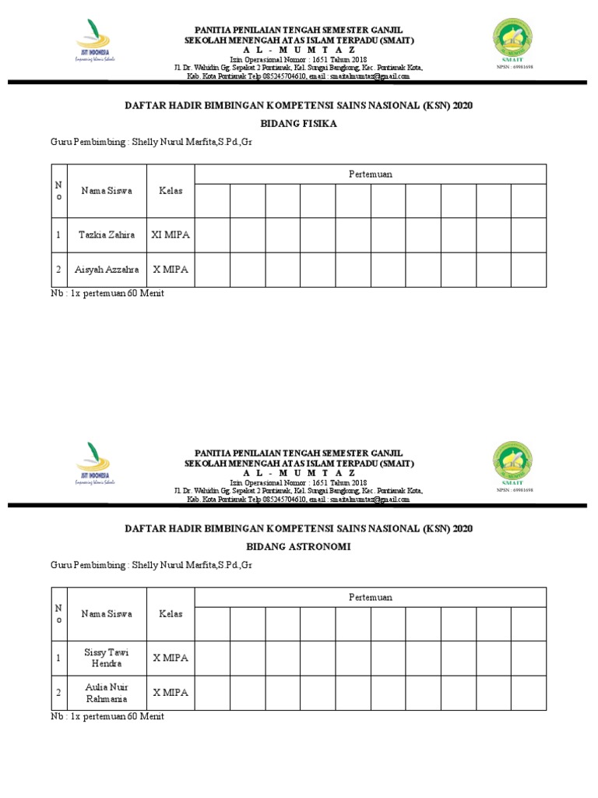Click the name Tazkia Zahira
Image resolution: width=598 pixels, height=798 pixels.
107,235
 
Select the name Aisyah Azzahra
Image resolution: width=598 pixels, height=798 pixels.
107,270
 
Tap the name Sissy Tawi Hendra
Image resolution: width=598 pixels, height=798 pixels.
107,658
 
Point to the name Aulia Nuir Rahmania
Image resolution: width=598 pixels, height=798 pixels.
107,693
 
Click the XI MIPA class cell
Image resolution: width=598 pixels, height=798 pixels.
171,235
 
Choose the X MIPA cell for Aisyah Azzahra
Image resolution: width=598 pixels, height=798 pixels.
171,270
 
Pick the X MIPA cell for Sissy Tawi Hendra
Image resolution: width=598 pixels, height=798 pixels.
171,658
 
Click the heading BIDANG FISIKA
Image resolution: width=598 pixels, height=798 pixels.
298,124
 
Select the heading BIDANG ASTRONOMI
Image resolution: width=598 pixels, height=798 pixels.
298,547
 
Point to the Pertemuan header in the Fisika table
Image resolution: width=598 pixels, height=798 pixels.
370,174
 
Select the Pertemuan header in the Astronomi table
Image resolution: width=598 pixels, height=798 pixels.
370,597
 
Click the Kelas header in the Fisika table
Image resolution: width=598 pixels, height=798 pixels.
171,190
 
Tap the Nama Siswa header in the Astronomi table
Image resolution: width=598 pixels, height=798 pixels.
107,613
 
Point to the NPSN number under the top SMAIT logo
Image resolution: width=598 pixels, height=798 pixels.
514,68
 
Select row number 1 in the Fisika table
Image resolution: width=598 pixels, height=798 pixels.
58,235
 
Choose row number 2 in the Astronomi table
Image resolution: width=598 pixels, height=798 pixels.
58,693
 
